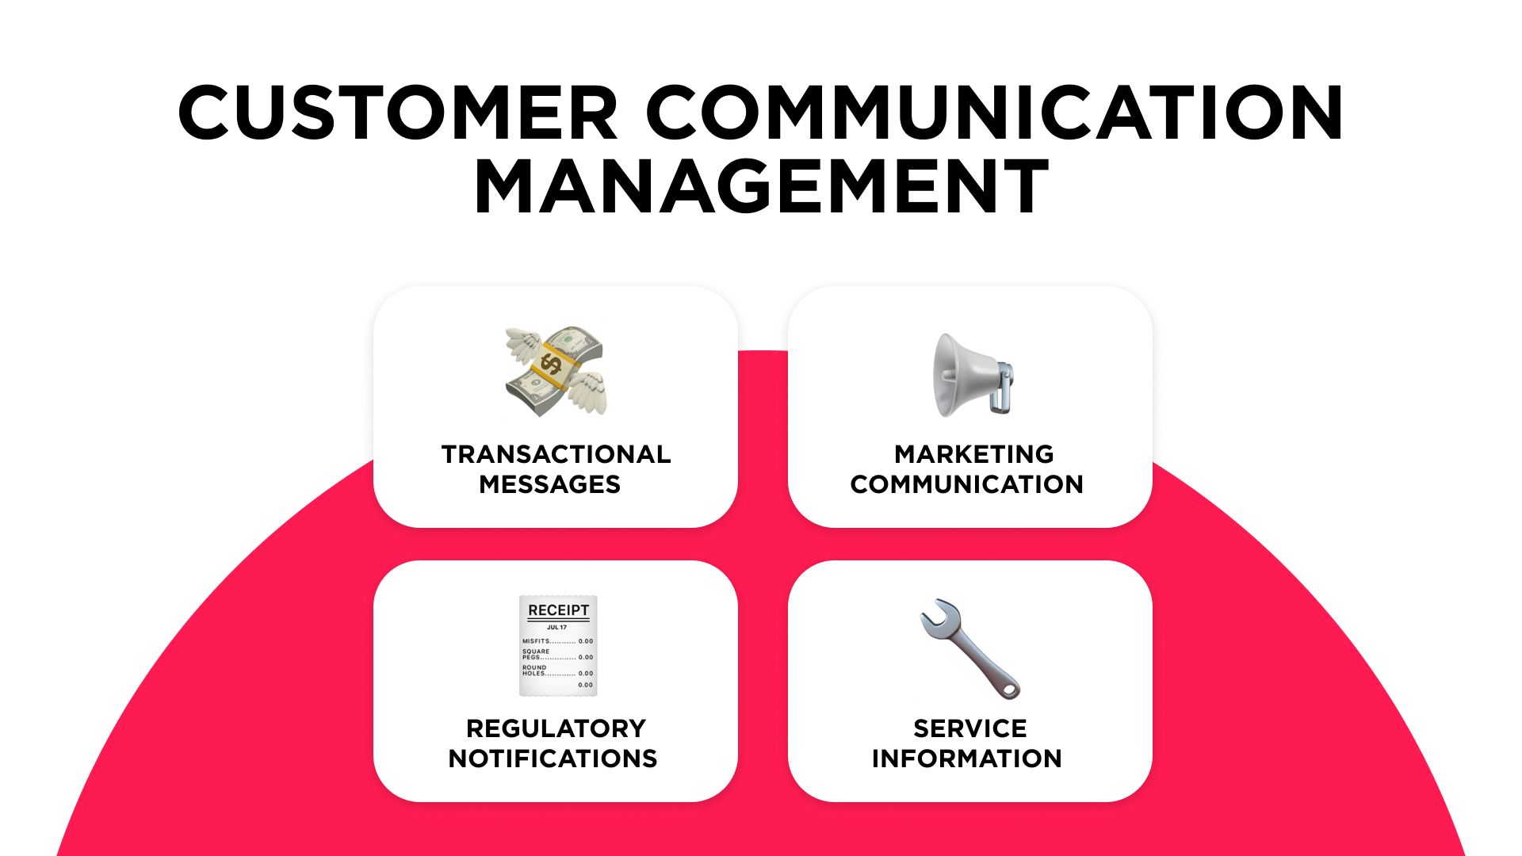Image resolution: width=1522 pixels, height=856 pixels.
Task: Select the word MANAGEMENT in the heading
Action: click(x=762, y=187)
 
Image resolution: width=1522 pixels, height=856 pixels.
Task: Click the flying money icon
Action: click(x=556, y=371)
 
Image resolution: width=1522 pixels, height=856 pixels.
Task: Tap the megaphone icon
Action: click(x=972, y=375)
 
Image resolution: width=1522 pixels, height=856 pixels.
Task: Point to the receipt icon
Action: click(x=558, y=646)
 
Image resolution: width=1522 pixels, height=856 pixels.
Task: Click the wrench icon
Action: click(x=969, y=648)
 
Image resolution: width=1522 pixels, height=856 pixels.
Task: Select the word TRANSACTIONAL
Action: click(x=556, y=454)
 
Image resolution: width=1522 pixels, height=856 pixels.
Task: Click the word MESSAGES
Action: click(x=549, y=484)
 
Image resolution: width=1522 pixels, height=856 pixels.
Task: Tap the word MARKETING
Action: click(x=974, y=454)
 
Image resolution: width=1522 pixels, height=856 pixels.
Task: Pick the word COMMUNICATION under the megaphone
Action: click(x=966, y=484)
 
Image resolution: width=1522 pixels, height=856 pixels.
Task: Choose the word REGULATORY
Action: click(x=556, y=728)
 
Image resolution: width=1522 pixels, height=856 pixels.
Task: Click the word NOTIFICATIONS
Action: click(x=553, y=759)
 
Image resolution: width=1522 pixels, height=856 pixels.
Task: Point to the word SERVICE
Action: click(x=969, y=728)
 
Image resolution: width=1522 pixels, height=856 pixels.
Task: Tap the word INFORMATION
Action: click(x=966, y=759)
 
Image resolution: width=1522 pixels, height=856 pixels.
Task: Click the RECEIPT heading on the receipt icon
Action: click(x=559, y=610)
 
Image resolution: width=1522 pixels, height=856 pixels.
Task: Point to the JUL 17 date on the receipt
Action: click(x=556, y=628)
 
